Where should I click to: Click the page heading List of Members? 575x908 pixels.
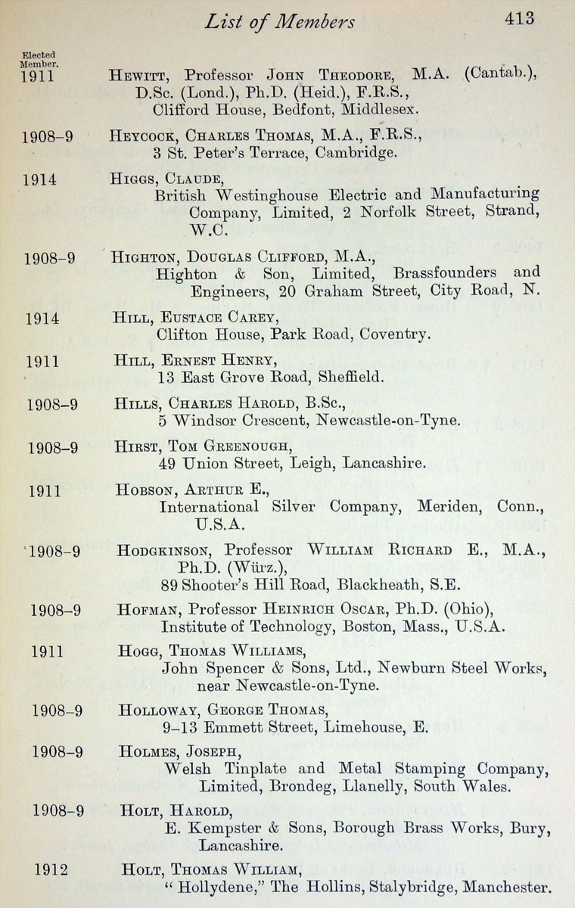pos(279,22)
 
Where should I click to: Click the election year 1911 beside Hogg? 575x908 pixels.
pos(47,651)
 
